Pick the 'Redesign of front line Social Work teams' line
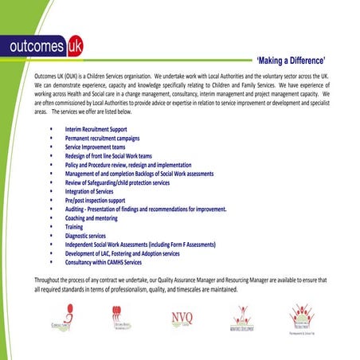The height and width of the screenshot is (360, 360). [119, 156]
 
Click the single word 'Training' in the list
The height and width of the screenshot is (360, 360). [74, 227]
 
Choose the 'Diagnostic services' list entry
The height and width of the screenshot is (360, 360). [85, 236]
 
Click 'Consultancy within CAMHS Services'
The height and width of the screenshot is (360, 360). [104, 262]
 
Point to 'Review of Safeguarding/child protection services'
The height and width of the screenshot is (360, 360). [128, 182]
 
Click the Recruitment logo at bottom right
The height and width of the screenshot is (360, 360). [302, 319]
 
